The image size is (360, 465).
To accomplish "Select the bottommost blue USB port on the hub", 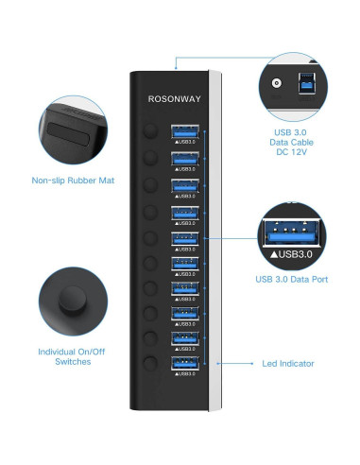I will point(183,363).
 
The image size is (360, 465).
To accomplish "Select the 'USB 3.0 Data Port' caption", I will point(292,279).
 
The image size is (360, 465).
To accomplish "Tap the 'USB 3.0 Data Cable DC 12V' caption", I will point(292,142).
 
